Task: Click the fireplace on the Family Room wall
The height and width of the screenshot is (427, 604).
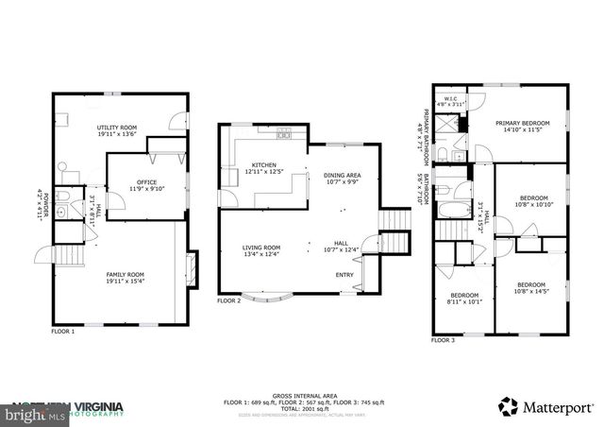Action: pyautogui.click(x=193, y=268)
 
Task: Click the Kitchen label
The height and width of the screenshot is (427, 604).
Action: pyautogui.click(x=237, y=165)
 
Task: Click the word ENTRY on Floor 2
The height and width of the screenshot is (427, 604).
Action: pyautogui.click(x=345, y=275)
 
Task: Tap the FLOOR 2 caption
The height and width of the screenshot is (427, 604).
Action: pyautogui.click(x=229, y=301)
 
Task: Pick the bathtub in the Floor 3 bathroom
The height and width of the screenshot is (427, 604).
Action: pyautogui.click(x=454, y=207)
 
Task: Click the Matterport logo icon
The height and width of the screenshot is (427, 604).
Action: pyautogui.click(x=509, y=406)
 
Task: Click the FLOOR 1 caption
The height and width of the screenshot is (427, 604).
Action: pyautogui.click(x=62, y=332)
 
